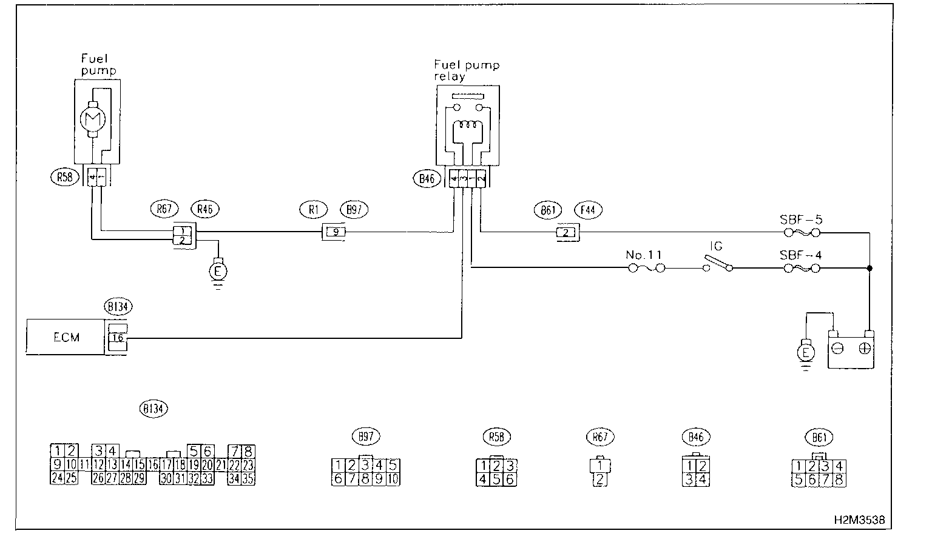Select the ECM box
(x=66, y=337)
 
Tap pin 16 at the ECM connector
(x=118, y=338)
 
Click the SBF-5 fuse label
(x=801, y=219)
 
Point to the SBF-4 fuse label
(x=801, y=255)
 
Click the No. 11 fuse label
(x=644, y=255)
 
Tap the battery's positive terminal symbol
(x=865, y=348)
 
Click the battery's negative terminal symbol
(x=838, y=348)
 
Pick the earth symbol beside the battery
(x=806, y=352)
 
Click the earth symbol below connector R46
(x=217, y=270)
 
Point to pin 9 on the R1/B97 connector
(x=333, y=232)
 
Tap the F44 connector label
(x=589, y=210)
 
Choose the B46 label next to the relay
(x=427, y=179)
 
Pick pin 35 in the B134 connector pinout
(x=248, y=478)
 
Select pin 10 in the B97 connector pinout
(x=392, y=478)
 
